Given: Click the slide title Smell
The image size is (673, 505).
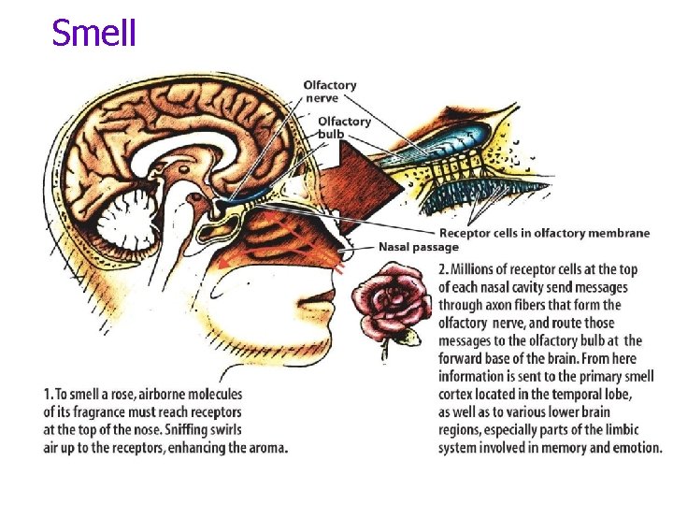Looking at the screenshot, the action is pos(94,34).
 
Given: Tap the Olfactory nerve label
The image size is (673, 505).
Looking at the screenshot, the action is pos(329,92).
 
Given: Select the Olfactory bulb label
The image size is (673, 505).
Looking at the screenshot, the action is pos(344,127).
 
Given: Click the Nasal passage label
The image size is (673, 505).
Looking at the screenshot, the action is pos(419,247).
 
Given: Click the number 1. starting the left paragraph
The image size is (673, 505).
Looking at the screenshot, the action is pos(49,395).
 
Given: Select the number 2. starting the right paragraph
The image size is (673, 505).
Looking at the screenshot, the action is pos(445,269).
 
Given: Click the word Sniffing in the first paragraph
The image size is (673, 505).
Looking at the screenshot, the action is pos(166,430).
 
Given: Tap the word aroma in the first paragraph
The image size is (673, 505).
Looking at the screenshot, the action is pos(264,448).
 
